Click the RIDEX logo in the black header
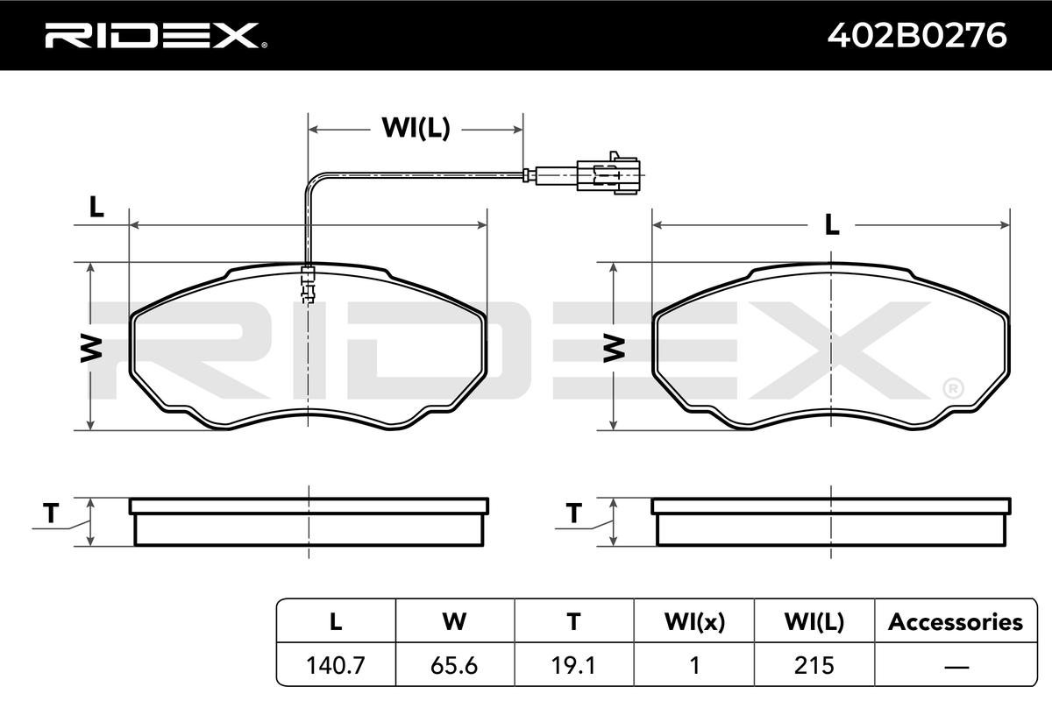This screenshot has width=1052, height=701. [x=156, y=36]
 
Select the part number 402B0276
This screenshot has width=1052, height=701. [x=917, y=36]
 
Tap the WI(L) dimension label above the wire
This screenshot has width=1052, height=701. [x=416, y=128]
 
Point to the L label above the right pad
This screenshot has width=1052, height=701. [x=832, y=225]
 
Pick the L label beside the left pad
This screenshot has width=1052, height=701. [x=96, y=207]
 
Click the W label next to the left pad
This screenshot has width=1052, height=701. [x=91, y=349]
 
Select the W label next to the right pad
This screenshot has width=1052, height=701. [x=614, y=349]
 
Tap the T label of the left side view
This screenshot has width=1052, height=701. [x=51, y=513]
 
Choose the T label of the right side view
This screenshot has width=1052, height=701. [x=573, y=513]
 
